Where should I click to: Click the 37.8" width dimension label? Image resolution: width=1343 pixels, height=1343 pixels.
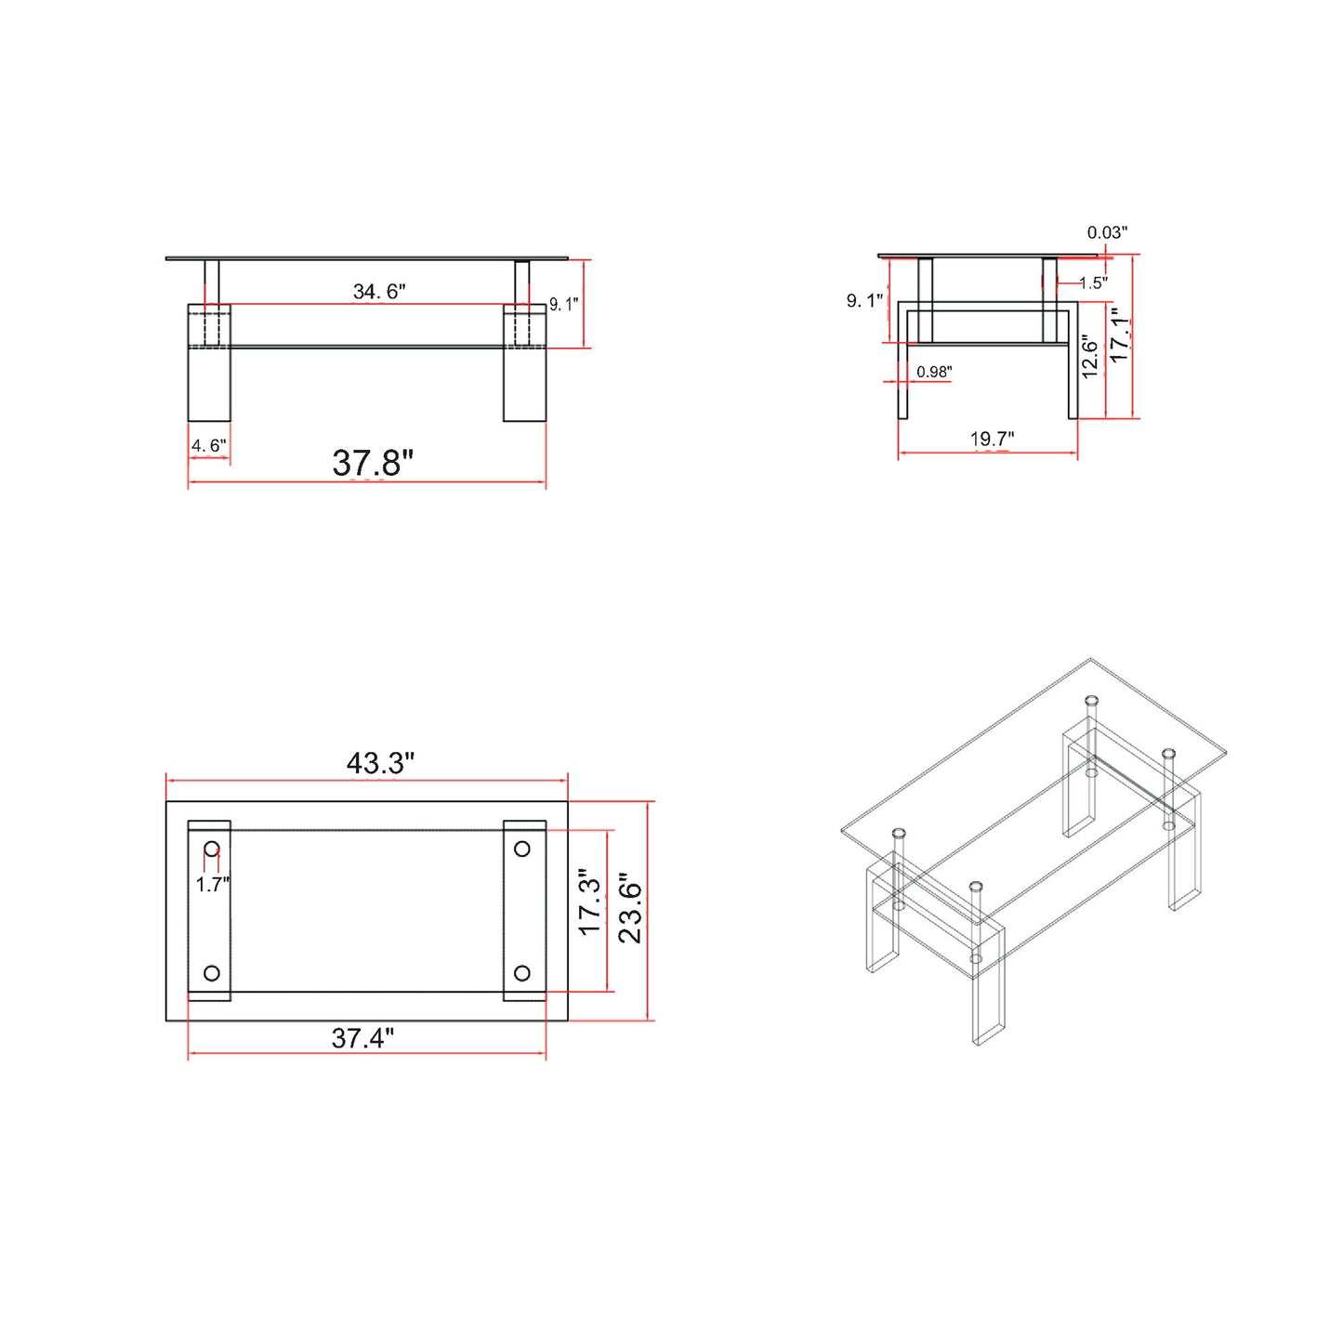pos(373,463)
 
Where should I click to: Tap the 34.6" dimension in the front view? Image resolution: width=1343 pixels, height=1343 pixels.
pos(379,292)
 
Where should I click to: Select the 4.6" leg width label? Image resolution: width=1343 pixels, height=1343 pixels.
pos(208,446)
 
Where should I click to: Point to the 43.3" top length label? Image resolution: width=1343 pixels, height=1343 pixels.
pos(380,763)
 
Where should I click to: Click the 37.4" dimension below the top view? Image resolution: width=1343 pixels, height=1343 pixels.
pos(362,1038)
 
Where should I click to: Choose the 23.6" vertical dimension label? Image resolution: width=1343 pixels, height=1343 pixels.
pos(630,908)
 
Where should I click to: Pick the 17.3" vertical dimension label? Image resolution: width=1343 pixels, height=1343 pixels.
pos(590,902)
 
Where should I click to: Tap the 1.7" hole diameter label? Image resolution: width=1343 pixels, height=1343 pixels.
pos(213,884)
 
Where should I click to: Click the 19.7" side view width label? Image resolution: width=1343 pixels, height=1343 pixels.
pos(992,439)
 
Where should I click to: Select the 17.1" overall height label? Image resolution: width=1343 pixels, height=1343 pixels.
pos(1120,336)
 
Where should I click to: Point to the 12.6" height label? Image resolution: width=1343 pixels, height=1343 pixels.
pos(1090,357)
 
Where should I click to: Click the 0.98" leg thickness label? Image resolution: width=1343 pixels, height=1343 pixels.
pos(934,372)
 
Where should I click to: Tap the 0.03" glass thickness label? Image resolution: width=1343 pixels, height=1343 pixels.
pos(1107,232)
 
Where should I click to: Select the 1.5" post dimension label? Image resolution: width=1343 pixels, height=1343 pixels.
pos(1093,283)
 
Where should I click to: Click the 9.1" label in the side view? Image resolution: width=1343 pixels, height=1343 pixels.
pos(864,300)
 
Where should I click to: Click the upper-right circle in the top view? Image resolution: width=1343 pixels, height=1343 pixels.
pos(522,849)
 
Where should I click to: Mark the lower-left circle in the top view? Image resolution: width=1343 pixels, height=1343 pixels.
pos(212,973)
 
